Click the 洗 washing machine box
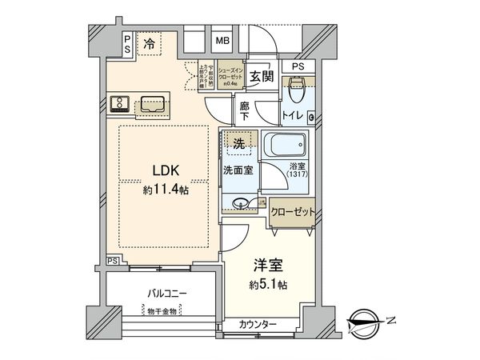point(238,143)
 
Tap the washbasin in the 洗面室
point(241,203)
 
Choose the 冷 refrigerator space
point(150,46)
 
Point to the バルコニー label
point(166,294)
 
